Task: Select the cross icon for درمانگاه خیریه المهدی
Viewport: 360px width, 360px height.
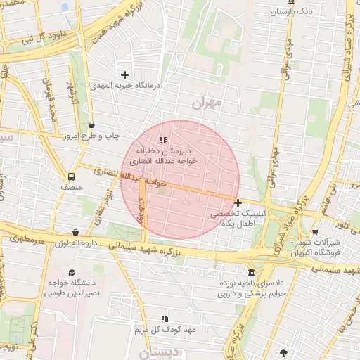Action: coord(125,75)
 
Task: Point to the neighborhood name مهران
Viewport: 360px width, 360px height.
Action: coord(206,103)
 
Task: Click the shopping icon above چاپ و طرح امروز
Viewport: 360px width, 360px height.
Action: coord(92,124)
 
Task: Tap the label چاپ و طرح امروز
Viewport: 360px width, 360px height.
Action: coord(92,135)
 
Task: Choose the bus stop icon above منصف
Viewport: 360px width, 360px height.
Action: coord(71,177)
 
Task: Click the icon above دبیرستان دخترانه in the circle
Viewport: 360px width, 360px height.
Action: coord(164,141)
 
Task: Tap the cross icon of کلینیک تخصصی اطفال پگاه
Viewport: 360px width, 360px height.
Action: coord(238,202)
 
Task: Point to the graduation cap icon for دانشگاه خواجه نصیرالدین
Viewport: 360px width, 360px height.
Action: coord(71,273)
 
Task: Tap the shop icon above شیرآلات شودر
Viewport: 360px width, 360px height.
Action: coord(315,232)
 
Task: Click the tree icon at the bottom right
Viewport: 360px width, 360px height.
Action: coord(283,353)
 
